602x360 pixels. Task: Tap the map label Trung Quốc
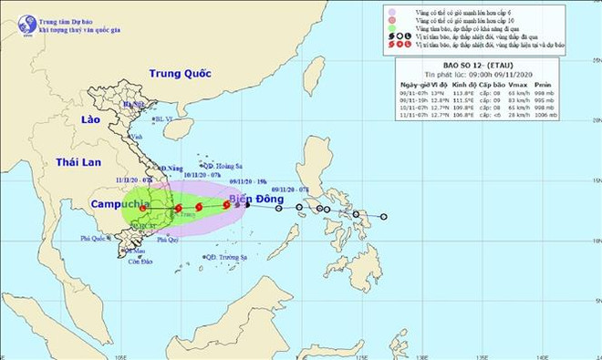pyautogui.click(x=180, y=73)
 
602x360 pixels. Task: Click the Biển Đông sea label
pyautogui.click(x=252, y=200)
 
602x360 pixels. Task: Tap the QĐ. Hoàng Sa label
pyautogui.click(x=223, y=165)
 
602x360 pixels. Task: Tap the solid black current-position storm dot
pyautogui.click(x=248, y=204)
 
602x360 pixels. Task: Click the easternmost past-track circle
pyautogui.click(x=384, y=216)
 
